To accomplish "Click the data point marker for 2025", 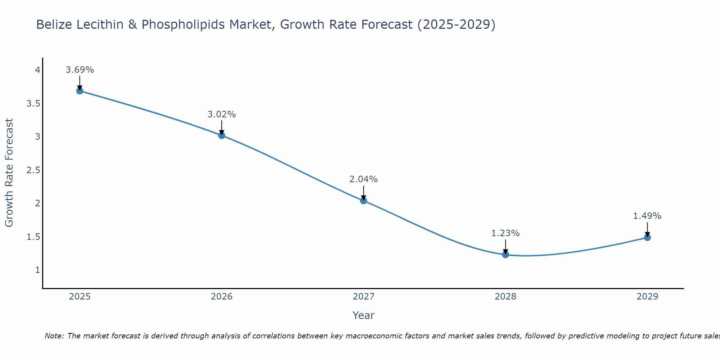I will pyautogui.click(x=80, y=91).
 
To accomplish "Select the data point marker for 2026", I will pyautogui.click(x=221, y=135).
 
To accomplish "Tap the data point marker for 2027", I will pyautogui.click(x=363, y=201).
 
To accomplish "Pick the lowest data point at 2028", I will pyautogui.click(x=505, y=255).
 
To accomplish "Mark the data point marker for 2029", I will pyautogui.click(x=647, y=238).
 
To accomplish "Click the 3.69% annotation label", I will pyautogui.click(x=80, y=70).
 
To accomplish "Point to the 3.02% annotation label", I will pyautogui.click(x=221, y=114).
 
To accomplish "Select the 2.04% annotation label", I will pyautogui.click(x=363, y=179).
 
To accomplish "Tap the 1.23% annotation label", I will pyautogui.click(x=505, y=233).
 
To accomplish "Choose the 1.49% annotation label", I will pyautogui.click(x=647, y=216).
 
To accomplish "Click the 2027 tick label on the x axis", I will pyautogui.click(x=363, y=297).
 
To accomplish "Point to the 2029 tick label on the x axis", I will pyautogui.click(x=647, y=297).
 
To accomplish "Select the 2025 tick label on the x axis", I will pyautogui.click(x=80, y=297).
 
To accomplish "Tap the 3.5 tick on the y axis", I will pyautogui.click(x=33, y=104).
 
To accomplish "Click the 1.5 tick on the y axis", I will pyautogui.click(x=33, y=237).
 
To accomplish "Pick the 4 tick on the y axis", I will pyautogui.click(x=37, y=70).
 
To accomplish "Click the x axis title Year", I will pyautogui.click(x=363, y=315).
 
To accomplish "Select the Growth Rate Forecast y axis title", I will pyautogui.click(x=9, y=173).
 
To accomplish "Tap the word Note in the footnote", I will pyautogui.click(x=54, y=336).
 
